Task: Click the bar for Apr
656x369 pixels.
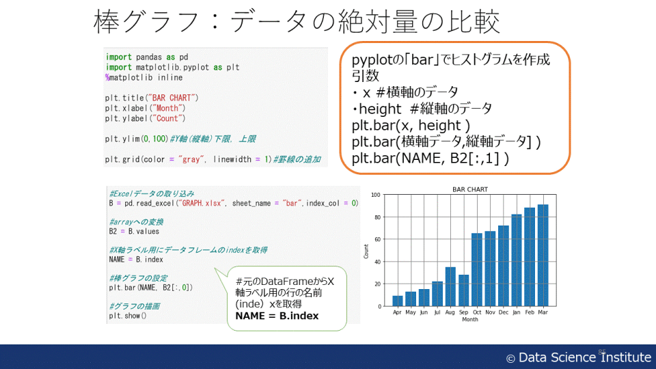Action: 398,301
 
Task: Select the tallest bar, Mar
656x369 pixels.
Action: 543,255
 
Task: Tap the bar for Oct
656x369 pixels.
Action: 477,270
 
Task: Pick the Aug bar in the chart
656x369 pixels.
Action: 450,286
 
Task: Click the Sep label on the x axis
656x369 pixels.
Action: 463,312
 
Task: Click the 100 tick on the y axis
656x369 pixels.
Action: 375,195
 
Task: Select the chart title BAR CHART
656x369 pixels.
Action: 470,189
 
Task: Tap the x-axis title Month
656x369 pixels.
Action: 470,319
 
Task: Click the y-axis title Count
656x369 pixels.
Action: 366,251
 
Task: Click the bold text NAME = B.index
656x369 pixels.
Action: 277,316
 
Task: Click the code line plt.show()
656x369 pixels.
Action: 128,316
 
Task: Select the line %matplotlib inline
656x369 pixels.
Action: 144,78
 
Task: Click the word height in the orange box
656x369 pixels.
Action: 380,109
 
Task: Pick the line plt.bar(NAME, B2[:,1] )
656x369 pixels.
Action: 430,159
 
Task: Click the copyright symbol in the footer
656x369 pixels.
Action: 510,359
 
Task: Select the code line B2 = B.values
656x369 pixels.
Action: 134,232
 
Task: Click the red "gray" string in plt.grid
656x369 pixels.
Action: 191,159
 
